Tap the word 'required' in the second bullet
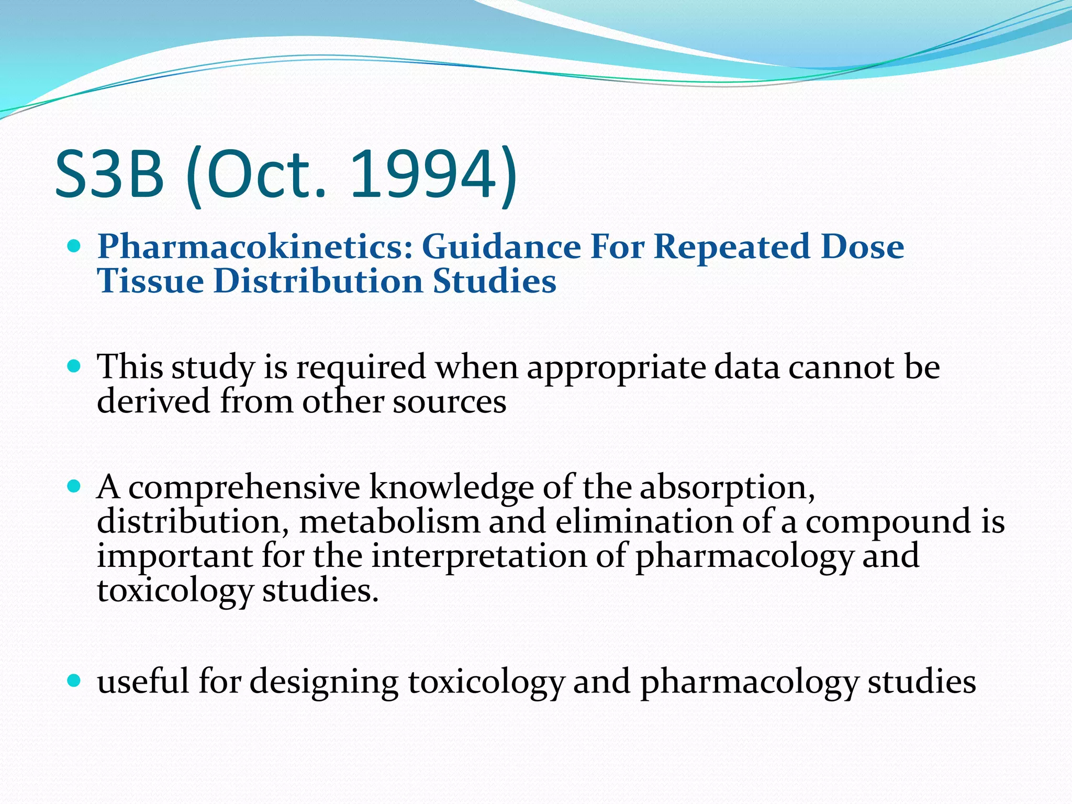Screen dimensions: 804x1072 361,368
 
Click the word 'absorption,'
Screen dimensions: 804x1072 727,488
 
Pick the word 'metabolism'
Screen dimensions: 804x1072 389,522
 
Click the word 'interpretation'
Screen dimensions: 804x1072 479,556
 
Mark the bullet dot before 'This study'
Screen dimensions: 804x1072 74,365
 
